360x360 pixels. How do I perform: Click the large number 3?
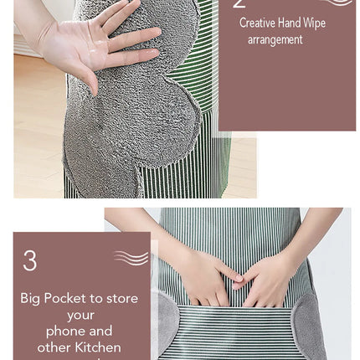(29, 261)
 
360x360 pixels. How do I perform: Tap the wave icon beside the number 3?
(131, 258)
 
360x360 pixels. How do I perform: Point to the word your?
(82, 315)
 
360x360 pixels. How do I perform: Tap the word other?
(53, 347)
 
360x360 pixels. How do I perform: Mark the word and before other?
(101, 331)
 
